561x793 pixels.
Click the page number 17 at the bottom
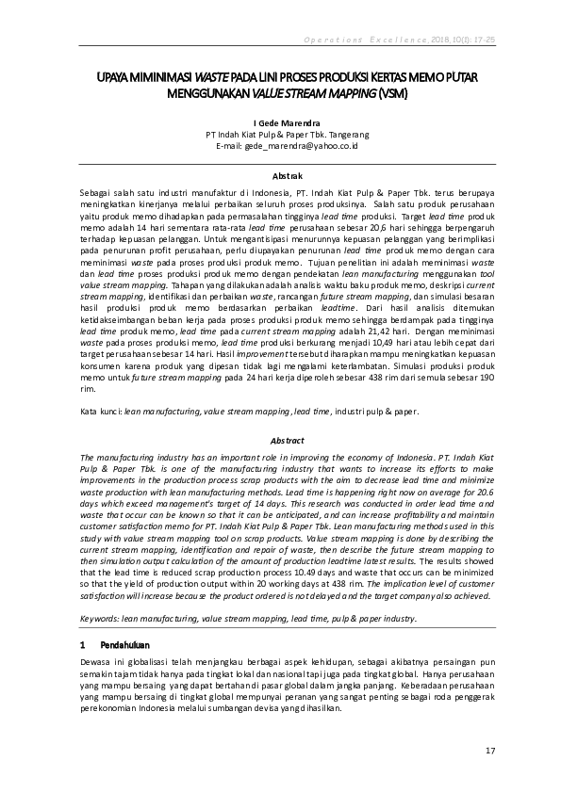[x=489, y=751]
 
